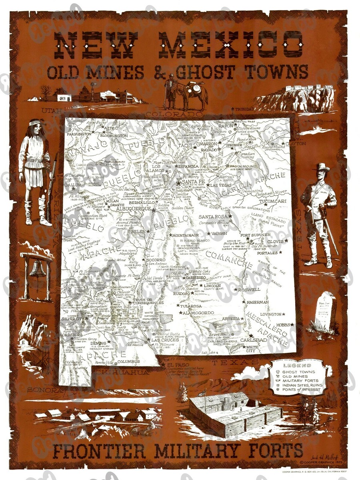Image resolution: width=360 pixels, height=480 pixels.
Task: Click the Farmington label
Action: pyautogui.click(x=79, y=134)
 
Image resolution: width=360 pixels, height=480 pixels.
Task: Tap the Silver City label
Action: pyautogui.click(x=73, y=319)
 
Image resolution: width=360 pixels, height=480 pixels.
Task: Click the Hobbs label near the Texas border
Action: pyautogui.click(x=282, y=325)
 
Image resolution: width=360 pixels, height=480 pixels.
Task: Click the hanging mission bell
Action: pyautogui.click(x=38, y=270)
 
